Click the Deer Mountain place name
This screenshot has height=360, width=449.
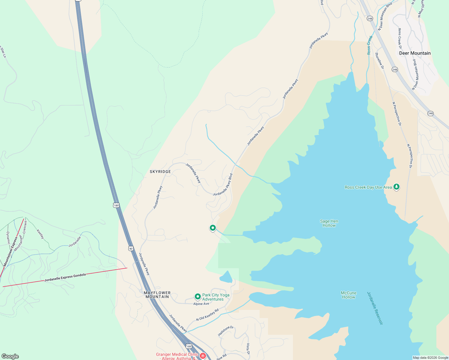tap(415, 53)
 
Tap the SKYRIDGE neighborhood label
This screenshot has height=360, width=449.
tap(160, 172)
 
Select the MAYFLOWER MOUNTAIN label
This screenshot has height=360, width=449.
tap(157, 295)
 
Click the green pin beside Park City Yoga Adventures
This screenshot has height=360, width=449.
tap(197, 297)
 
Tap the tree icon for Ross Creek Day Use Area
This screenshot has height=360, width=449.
tap(396, 187)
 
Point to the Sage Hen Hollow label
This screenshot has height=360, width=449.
tap(329, 223)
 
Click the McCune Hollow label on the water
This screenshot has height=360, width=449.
tap(348, 295)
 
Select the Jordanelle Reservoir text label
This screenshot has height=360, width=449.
tap(375, 308)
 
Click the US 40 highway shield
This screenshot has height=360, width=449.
tap(131, 248)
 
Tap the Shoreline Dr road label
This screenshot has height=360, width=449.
tap(379, 61)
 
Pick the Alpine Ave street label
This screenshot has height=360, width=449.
tap(201, 304)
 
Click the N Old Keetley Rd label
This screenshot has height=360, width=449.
tap(207, 315)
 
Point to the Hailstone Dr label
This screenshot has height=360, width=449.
tap(225, 331)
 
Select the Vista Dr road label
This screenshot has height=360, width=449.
tap(248, 349)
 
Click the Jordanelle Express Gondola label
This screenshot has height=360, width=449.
tap(65, 277)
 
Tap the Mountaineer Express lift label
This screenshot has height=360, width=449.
tap(9, 252)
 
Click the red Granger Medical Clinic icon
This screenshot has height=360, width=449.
tap(203, 356)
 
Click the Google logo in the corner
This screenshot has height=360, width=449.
tap(10, 356)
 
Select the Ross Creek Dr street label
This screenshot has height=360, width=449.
tap(400, 38)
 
